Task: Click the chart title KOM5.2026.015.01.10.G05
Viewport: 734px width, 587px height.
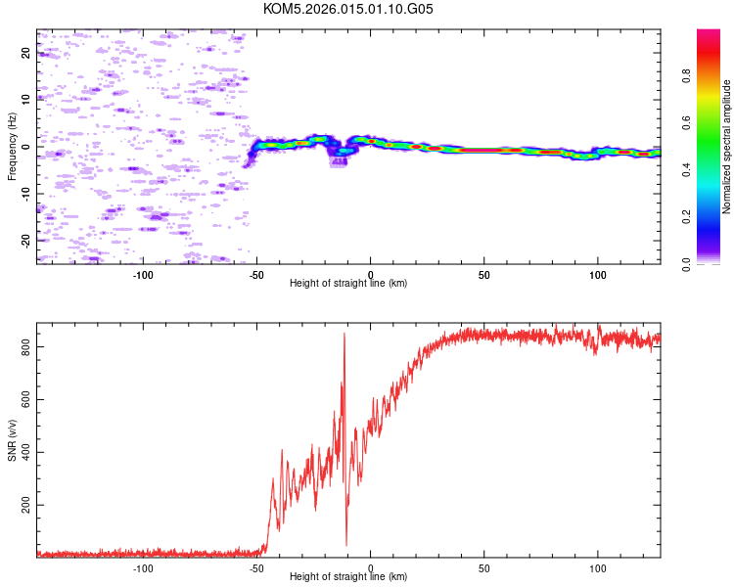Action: (348, 9)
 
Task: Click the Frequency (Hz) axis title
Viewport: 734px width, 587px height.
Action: (12, 147)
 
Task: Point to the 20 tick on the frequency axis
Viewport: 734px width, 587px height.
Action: (25, 53)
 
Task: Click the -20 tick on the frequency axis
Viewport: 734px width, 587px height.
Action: (25, 240)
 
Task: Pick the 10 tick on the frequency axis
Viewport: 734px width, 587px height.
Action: (25, 100)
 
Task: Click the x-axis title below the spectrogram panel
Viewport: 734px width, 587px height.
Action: (348, 284)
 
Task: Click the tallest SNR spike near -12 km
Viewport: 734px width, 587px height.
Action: (344, 336)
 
